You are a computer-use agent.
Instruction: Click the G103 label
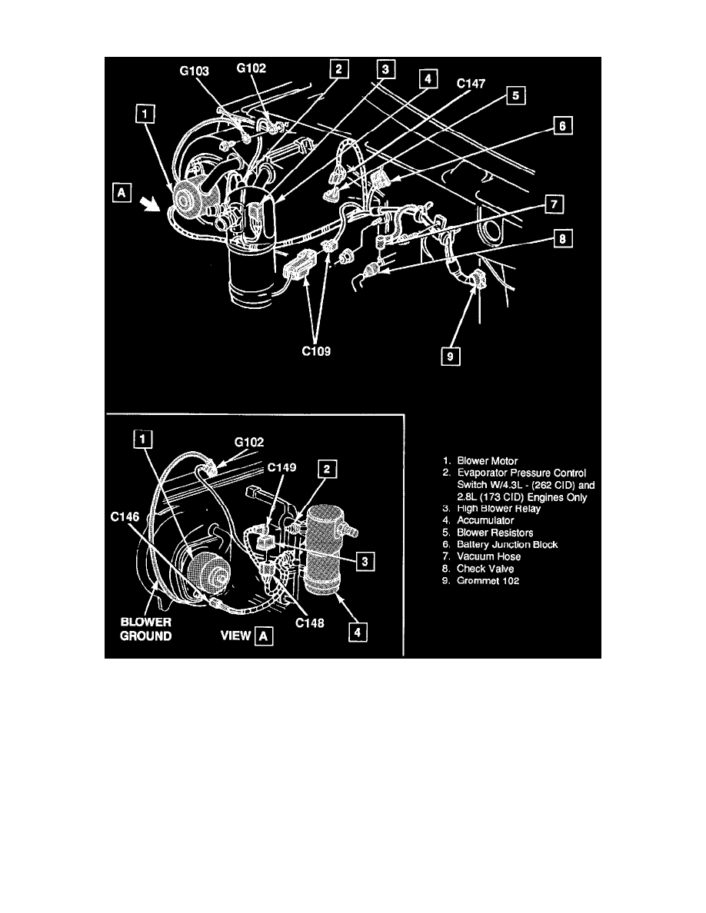194,71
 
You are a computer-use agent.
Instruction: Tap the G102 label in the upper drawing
251,68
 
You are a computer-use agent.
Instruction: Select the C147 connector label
471,83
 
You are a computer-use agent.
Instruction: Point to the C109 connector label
316,351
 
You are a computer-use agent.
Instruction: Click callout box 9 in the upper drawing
450,356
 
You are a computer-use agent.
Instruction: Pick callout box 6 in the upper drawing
562,125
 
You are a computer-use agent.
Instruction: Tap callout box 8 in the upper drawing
563,238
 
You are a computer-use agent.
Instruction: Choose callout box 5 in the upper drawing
515,95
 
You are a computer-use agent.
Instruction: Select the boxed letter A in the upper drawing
122,192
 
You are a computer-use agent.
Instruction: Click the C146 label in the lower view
125,516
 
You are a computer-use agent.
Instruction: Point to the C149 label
282,467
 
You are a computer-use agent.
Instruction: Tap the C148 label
309,623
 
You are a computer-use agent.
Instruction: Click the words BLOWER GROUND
145,629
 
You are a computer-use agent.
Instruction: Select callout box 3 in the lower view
365,561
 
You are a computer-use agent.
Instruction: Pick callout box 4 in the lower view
358,632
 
